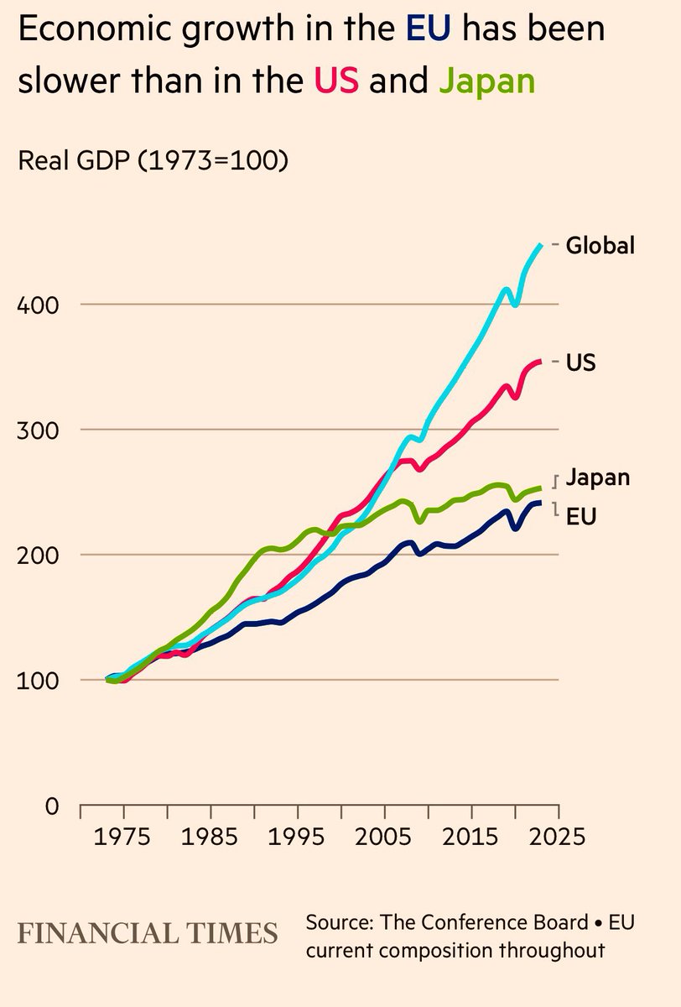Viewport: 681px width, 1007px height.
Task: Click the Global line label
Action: (600, 246)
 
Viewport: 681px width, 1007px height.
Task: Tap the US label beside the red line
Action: (580, 363)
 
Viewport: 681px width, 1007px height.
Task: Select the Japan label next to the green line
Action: (597, 478)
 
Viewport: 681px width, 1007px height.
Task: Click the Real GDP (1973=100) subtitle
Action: (153, 159)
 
